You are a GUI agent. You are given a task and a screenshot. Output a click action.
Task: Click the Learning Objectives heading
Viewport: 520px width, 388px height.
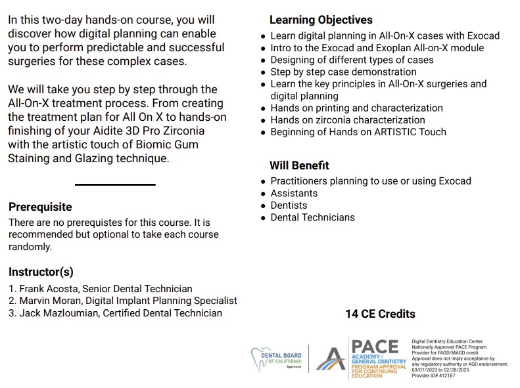point(321,20)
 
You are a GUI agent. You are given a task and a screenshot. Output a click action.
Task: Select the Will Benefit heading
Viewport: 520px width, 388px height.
point(299,165)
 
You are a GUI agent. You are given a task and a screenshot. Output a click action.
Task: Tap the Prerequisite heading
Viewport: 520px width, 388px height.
point(40,207)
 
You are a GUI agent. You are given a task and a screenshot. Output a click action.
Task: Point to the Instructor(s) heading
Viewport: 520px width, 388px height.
point(41,272)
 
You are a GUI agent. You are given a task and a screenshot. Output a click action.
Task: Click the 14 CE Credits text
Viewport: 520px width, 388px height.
point(380,314)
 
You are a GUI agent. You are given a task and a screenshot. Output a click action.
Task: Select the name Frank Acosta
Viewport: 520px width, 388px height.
point(46,289)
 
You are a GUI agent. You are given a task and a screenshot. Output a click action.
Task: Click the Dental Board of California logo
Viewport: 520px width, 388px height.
point(277,359)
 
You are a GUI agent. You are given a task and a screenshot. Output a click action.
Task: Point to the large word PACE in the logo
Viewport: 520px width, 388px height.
point(375,346)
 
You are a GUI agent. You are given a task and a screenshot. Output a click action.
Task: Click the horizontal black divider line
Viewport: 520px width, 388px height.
point(115,184)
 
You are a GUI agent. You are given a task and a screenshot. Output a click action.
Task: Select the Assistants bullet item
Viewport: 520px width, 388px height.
point(294,193)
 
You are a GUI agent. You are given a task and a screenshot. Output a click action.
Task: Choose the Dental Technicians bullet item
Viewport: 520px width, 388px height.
point(312,217)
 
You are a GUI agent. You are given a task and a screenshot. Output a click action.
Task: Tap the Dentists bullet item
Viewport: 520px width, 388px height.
point(289,205)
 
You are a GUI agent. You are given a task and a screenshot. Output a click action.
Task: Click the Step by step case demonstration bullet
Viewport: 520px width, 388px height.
point(343,72)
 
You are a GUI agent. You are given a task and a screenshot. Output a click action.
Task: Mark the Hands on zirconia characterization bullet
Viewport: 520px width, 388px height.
point(348,120)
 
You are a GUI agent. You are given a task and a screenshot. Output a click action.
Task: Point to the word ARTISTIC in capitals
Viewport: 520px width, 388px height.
point(393,132)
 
